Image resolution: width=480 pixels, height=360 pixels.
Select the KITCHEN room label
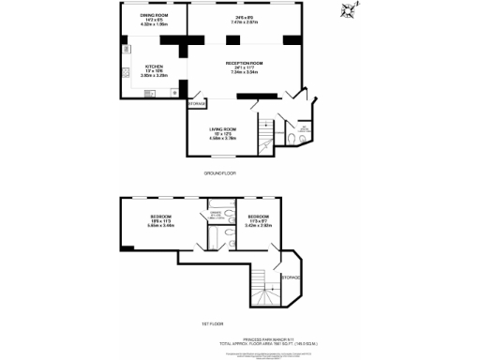(153, 67)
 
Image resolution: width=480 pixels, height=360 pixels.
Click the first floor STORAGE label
(291, 277)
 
